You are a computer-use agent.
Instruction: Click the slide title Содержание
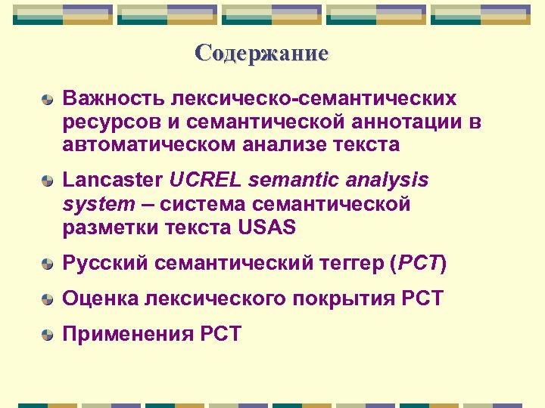pos(261,54)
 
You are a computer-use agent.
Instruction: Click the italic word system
pos(96,204)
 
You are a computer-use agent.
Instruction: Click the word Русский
pos(105,264)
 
